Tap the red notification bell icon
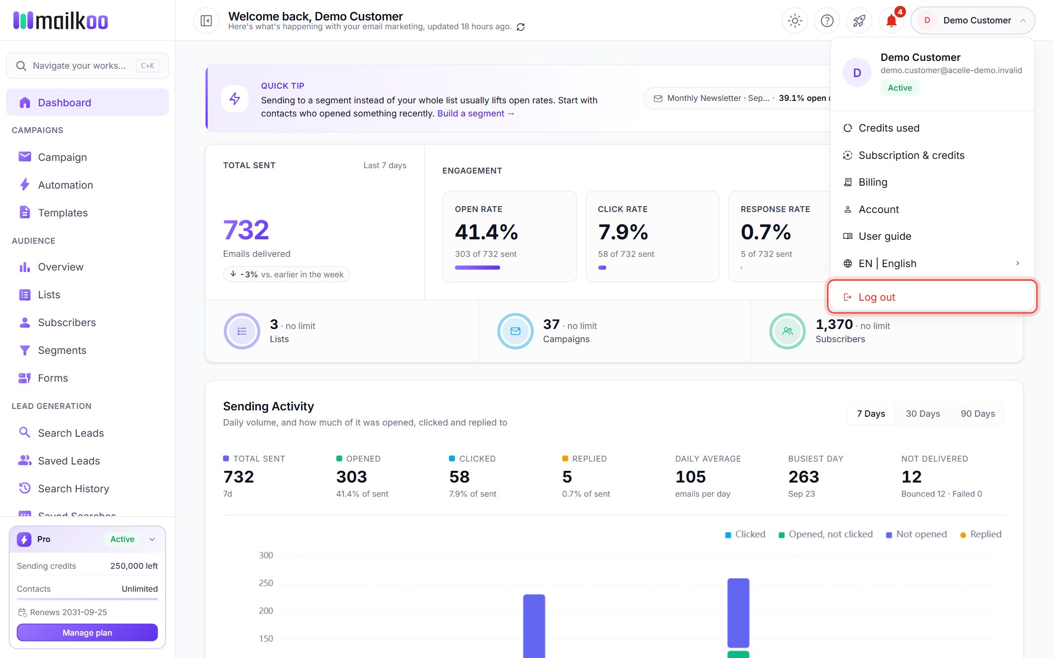[891, 20]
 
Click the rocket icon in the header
[859, 20]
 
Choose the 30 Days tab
[923, 414]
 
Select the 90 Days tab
[977, 414]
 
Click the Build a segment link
[476, 114]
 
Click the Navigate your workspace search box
[87, 66]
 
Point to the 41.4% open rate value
[486, 232]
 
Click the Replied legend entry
[980, 534]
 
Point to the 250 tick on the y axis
[266, 583]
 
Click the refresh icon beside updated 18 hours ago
[521, 27]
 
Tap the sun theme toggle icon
[795, 20]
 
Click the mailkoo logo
[60, 20]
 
